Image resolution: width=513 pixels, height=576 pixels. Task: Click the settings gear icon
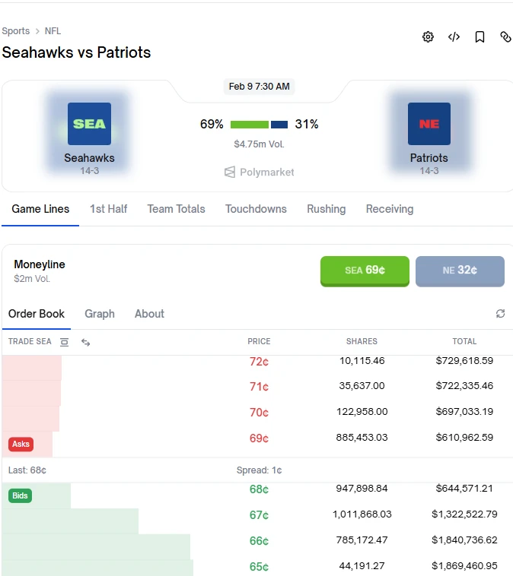click(x=428, y=37)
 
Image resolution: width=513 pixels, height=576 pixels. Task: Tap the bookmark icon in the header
click(x=480, y=37)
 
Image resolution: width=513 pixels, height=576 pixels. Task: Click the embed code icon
click(x=454, y=37)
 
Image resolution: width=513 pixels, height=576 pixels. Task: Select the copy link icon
click(x=505, y=37)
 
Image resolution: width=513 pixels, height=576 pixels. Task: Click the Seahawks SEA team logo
click(x=89, y=124)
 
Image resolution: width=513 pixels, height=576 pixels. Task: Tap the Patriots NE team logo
click(x=429, y=124)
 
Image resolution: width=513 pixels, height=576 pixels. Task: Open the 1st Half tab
click(x=108, y=209)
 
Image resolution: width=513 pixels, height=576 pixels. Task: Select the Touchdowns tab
click(x=256, y=209)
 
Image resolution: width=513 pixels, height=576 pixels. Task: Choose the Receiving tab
click(x=390, y=209)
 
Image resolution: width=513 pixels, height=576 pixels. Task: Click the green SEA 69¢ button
click(x=365, y=271)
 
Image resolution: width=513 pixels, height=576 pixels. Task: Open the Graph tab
click(x=100, y=314)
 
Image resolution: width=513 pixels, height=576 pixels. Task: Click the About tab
click(x=149, y=314)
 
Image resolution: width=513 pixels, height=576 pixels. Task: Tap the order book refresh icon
click(x=500, y=314)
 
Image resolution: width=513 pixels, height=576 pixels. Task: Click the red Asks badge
click(x=21, y=444)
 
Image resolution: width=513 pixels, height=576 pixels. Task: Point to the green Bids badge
click(x=21, y=496)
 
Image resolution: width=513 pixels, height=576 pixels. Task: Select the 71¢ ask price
click(x=259, y=387)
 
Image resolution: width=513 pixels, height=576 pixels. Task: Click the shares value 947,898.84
click(x=362, y=489)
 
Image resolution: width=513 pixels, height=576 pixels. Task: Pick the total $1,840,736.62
click(x=464, y=540)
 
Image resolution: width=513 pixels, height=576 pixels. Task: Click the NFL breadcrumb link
click(x=53, y=31)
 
